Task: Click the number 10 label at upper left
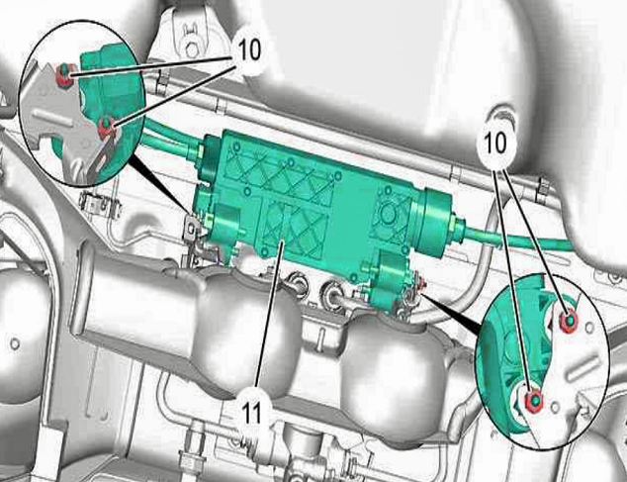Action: point(249,49)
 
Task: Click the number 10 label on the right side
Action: point(494,143)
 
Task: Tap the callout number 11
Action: point(251,413)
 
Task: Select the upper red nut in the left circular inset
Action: point(64,75)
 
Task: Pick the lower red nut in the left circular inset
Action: point(107,128)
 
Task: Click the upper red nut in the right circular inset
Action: point(568,321)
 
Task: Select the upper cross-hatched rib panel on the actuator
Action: point(280,176)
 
